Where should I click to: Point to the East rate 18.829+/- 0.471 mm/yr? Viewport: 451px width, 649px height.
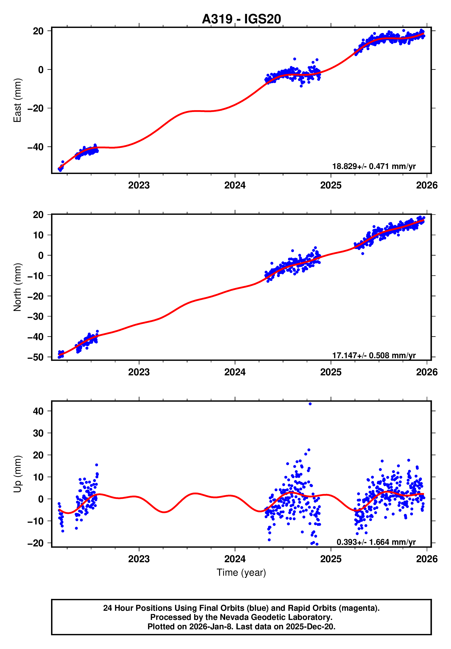374,166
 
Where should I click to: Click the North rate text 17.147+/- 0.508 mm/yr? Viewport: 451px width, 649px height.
374,355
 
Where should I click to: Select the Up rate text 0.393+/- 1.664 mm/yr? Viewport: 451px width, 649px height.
376,542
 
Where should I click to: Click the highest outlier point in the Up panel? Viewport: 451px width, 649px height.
310,404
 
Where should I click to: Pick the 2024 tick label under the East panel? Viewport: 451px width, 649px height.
235,185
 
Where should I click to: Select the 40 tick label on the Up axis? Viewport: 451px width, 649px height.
38,411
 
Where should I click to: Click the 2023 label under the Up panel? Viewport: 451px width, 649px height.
139,559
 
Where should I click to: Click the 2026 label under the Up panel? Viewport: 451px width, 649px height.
427,559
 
